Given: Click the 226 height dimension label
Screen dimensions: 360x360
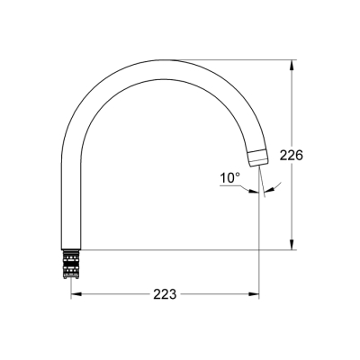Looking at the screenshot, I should tap(291, 155).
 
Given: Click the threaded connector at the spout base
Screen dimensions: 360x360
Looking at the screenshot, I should tap(72, 263).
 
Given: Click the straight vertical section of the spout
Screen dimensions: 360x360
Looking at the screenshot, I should tap(72, 198).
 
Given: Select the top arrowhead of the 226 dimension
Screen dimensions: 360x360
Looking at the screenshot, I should tap(291, 65).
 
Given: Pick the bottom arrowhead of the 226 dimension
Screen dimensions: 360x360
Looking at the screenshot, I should tap(291, 247).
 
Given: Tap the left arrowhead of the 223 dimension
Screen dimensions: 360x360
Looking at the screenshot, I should tap(76, 294).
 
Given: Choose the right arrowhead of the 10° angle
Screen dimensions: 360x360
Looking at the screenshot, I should tap(272, 187).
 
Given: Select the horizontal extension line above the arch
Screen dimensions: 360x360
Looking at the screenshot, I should tap(234, 60).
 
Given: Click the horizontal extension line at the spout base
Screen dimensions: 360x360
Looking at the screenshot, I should tap(180, 249).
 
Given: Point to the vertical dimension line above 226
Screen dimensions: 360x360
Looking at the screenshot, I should tap(291, 108).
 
